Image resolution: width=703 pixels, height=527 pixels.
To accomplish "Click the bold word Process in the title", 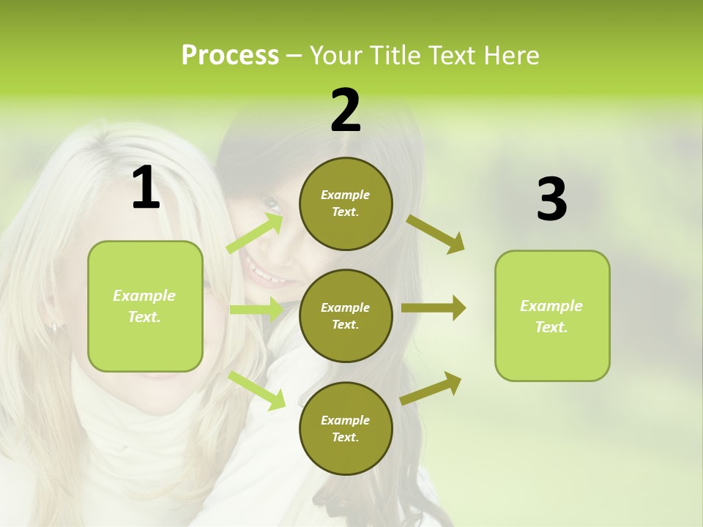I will tap(230, 56).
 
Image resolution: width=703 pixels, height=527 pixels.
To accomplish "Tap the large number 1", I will tap(146, 188).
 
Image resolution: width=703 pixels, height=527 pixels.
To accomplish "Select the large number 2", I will tap(346, 111).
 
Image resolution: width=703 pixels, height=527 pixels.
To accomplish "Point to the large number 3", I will tap(551, 200).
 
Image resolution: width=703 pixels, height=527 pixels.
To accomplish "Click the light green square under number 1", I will tap(145, 306).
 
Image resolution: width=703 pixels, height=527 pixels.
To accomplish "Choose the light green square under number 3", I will tap(552, 315).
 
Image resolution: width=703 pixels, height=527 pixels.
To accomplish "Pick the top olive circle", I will tap(346, 203).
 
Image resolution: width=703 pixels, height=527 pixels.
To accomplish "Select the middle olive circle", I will tap(346, 315).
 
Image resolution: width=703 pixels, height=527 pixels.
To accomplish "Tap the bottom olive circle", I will tap(346, 428).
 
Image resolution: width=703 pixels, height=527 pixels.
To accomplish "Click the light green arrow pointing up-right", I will tap(255, 233).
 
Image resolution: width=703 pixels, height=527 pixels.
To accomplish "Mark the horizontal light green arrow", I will tap(256, 310).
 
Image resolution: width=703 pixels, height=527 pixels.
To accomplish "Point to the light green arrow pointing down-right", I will tap(257, 389).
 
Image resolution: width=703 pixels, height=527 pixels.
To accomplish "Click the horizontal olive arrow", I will tap(433, 308).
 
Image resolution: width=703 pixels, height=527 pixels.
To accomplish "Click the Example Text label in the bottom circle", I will tap(346, 428).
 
